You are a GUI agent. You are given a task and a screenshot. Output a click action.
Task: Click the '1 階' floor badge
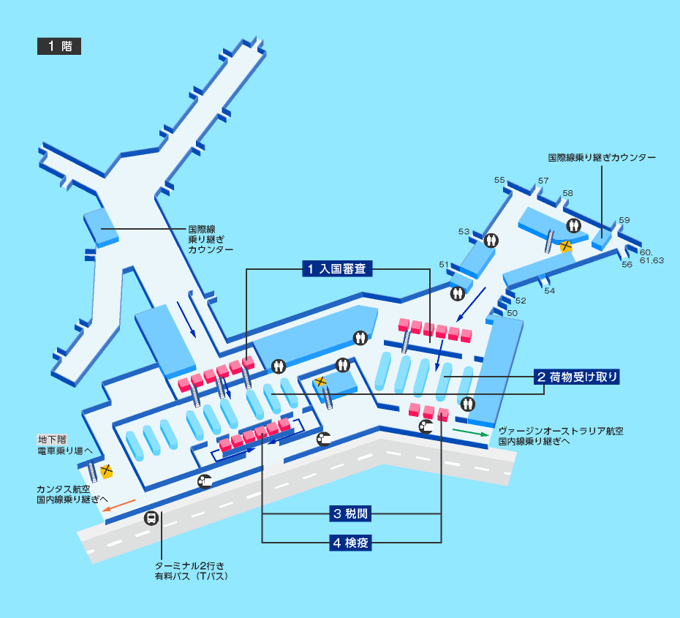tap(59, 46)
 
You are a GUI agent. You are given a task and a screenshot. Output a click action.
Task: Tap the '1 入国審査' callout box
tap(338, 269)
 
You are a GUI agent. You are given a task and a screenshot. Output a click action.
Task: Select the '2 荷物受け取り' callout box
tap(577, 377)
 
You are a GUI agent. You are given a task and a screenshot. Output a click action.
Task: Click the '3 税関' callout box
tap(351, 513)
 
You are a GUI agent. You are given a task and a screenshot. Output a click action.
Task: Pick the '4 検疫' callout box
tap(351, 543)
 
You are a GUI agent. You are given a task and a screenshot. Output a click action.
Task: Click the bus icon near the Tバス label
tap(151, 518)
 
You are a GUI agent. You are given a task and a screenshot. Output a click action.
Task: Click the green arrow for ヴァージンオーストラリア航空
tap(469, 432)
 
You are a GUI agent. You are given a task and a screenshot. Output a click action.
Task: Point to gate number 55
tap(500, 180)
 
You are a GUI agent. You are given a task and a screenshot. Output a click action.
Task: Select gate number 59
tap(624, 220)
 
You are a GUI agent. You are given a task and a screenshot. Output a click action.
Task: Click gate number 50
tap(512, 313)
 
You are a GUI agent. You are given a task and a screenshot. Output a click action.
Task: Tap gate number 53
tap(464, 232)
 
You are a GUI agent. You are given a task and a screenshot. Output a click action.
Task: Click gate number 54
tap(549, 290)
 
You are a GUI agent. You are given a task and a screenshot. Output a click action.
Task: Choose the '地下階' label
tap(51, 440)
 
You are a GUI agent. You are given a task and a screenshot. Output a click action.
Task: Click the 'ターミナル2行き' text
tap(189, 566)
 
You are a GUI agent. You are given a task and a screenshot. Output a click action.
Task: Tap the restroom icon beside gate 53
tap(491, 239)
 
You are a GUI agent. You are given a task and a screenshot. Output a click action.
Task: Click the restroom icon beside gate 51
tap(458, 293)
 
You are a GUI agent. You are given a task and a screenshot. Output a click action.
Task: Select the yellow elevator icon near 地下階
tap(107, 470)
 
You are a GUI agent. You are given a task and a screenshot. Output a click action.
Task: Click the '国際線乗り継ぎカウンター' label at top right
tap(602, 157)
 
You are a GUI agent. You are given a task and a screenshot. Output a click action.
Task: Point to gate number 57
tap(543, 181)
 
